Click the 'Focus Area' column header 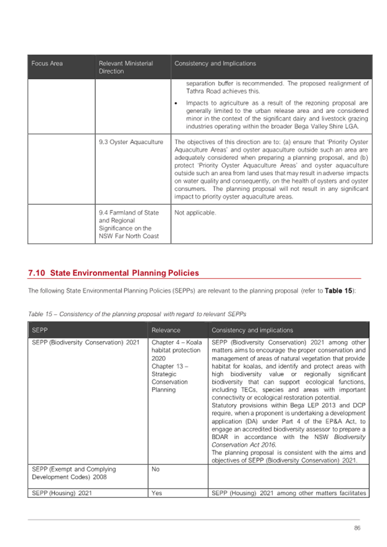tap(47, 63)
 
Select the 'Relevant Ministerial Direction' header tap(126, 67)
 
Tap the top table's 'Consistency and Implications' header tap(215, 63)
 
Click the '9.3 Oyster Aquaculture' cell tap(131, 142)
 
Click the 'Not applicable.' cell tap(195, 213)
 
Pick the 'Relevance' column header tap(166, 330)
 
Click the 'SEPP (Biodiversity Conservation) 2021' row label tap(86, 342)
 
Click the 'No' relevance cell tap(155, 468)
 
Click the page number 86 tap(357, 528)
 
